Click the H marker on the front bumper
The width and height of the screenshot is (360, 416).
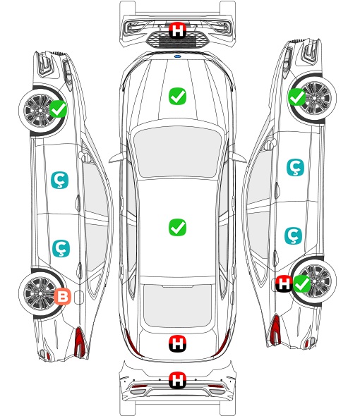[177, 30]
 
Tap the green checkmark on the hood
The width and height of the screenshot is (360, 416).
[177, 96]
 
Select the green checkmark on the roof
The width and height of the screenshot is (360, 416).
[177, 227]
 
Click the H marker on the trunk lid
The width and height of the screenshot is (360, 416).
[177, 344]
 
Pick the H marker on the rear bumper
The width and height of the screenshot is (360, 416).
[177, 381]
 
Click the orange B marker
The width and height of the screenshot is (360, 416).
[62, 296]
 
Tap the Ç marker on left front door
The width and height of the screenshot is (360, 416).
[59, 180]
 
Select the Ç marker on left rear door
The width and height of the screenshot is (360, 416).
[61, 249]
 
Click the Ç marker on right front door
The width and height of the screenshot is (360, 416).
[295, 167]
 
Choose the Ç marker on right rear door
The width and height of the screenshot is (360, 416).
[293, 235]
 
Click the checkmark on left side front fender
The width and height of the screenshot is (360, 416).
[59, 109]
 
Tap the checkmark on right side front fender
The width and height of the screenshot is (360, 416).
[297, 97]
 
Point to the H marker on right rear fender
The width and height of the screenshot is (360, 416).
[284, 284]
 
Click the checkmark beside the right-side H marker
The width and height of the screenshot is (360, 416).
[301, 284]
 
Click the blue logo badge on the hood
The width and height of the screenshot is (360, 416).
[177, 56]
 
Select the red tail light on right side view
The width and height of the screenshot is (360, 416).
[275, 329]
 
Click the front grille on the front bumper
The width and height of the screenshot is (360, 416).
[177, 40]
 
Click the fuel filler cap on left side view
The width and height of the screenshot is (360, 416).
[78, 298]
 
